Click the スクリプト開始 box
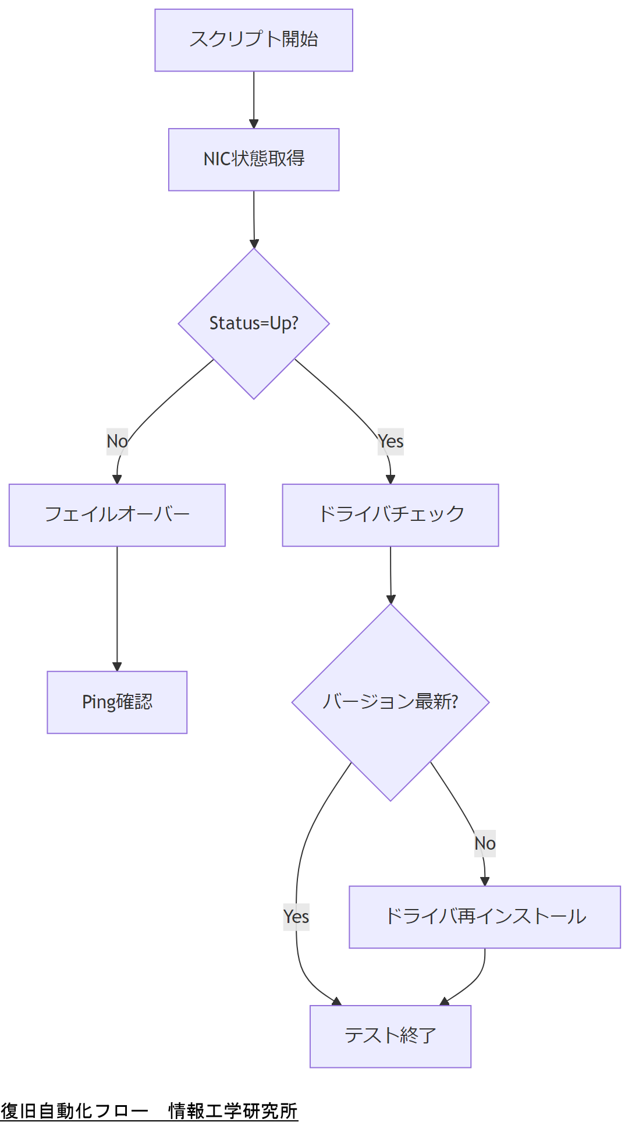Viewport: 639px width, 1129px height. point(254,40)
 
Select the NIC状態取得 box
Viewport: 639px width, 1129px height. point(254,159)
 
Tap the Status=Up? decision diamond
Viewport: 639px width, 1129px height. point(254,324)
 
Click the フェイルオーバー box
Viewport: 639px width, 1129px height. point(117,515)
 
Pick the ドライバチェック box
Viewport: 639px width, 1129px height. point(390,515)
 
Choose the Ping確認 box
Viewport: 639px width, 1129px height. point(117,702)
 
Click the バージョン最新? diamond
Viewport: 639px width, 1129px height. point(390,702)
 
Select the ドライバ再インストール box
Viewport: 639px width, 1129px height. point(485,917)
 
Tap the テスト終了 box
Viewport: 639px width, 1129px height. point(390,1036)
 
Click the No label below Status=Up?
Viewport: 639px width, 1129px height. point(117,441)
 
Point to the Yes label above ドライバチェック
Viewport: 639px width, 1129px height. point(390,441)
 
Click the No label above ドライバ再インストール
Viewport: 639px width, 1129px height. point(485,843)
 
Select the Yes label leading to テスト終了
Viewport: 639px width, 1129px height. point(296,917)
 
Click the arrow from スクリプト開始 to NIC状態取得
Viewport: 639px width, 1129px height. point(254,99)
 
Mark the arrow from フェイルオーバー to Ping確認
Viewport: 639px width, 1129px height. point(117,608)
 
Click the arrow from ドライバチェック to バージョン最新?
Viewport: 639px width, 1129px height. point(390,575)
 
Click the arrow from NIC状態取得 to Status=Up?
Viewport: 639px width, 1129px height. point(254,219)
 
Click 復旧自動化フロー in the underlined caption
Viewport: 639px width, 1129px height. point(74,1111)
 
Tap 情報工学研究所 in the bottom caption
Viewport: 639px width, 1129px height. point(233,1111)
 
